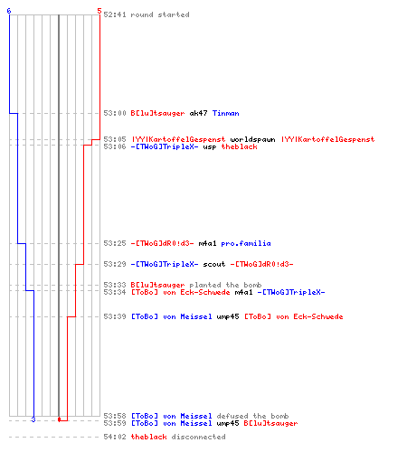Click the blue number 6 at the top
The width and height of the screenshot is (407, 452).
click(9, 11)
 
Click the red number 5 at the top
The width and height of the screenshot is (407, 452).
click(99, 11)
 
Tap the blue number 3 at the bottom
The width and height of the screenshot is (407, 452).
click(33, 419)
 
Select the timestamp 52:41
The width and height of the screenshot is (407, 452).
click(115, 14)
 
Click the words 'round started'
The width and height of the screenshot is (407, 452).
click(160, 14)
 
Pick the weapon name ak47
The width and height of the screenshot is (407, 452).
click(198, 113)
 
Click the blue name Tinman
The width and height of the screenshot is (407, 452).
click(225, 113)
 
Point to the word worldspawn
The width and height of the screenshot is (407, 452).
click(252, 139)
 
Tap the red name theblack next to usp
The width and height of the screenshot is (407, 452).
click(239, 146)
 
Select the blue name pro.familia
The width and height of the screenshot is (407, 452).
click(246, 243)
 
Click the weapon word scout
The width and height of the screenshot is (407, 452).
click(214, 264)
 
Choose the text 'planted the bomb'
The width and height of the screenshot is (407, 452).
click(225, 285)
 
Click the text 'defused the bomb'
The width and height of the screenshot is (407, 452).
click(252, 416)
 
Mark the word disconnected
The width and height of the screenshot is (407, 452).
click(198, 437)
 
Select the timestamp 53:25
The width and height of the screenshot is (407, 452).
click(115, 243)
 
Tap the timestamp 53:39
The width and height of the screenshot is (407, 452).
click(115, 316)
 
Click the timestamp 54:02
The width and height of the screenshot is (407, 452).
click(115, 437)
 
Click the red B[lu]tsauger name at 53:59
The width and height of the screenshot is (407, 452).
click(270, 423)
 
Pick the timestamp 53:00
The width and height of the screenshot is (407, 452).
click(115, 113)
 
